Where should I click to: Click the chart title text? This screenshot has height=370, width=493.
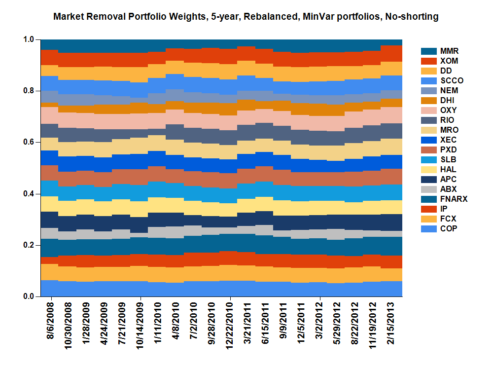[x=246, y=17]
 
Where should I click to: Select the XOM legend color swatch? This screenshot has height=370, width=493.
[x=427, y=61]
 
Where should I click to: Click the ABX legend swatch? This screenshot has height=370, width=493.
[x=427, y=189]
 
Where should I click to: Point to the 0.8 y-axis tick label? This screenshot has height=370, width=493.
[x=29, y=91]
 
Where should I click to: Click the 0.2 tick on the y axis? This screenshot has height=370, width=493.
[x=29, y=245]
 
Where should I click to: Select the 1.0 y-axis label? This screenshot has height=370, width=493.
[x=29, y=39]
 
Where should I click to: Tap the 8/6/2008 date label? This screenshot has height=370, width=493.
[x=51, y=321]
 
